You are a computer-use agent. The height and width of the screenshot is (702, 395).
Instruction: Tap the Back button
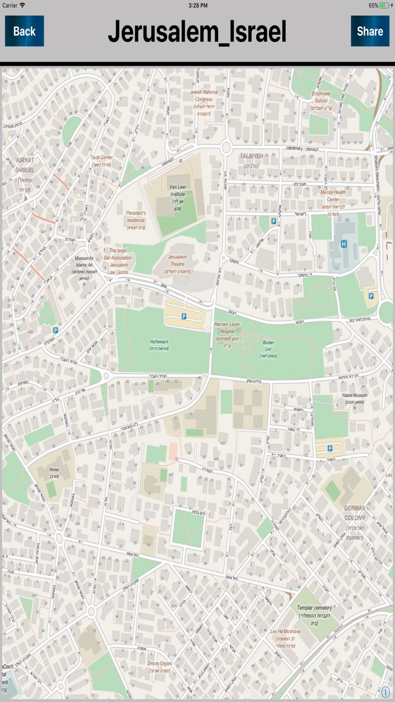(x=24, y=31)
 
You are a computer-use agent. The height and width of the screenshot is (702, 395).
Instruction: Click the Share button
(x=370, y=31)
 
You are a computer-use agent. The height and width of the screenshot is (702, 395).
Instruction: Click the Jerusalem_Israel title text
(x=197, y=32)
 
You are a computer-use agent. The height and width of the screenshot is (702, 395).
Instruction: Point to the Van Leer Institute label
(x=177, y=190)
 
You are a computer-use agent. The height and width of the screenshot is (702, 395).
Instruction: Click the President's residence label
(x=135, y=216)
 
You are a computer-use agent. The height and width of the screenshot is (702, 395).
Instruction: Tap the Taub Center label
(x=102, y=158)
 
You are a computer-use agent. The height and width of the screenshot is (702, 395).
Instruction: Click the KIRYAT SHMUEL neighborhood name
(x=25, y=165)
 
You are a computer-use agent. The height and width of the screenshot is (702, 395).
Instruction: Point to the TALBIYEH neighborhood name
(x=251, y=156)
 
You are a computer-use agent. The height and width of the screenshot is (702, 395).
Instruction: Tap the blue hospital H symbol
(x=343, y=244)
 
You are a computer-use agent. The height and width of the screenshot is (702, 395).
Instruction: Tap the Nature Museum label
(x=354, y=395)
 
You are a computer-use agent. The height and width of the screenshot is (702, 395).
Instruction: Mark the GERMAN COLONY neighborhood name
(x=355, y=513)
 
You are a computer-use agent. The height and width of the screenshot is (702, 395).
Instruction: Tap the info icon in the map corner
(x=385, y=692)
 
